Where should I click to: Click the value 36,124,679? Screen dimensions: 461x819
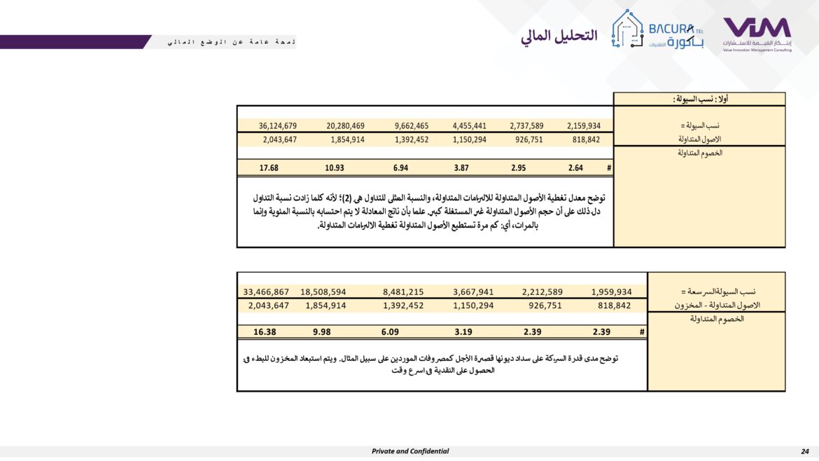click(x=278, y=126)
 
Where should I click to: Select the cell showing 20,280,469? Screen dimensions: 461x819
click(x=345, y=126)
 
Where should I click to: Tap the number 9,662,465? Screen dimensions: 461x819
click(x=411, y=126)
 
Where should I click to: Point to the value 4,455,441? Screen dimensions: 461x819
click(x=470, y=126)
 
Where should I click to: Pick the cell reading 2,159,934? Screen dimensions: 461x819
click(x=583, y=126)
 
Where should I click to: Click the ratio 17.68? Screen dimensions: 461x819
click(x=269, y=168)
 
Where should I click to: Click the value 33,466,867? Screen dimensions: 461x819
click(x=266, y=292)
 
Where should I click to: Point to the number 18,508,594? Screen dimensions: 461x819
click(x=323, y=292)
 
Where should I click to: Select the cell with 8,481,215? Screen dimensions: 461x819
click(x=403, y=292)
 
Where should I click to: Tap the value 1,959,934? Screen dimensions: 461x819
click(x=611, y=292)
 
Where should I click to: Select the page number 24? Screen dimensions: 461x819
click(x=804, y=451)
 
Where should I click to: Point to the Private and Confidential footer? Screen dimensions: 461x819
click(x=410, y=451)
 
